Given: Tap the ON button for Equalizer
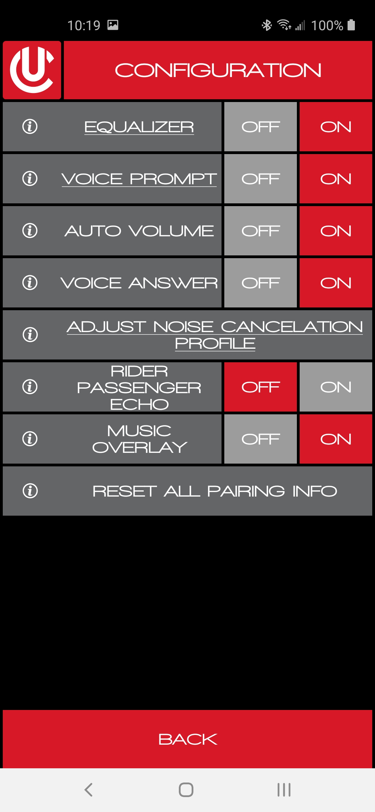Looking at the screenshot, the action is pos(336,127).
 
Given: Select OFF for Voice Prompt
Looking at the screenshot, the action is pos(260,179).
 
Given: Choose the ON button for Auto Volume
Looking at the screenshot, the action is pos(336,231).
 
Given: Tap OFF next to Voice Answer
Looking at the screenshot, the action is pos(260,283).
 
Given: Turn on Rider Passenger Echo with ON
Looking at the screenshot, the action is pos(336,387).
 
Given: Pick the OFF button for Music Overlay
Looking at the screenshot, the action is pos(260,439).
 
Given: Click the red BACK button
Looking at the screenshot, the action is pos(187,739).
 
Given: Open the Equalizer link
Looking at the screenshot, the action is pos(139,127).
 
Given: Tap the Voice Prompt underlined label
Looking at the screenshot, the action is pos(139,179).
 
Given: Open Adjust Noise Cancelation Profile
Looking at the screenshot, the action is pos(215,335).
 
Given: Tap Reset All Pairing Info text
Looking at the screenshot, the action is pos(215,491).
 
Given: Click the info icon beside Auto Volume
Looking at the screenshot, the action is pos(30,230).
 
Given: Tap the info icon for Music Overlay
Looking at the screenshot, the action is pos(30,439).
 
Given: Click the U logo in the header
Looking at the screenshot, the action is pos(32,70).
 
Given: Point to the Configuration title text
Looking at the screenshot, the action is pos(218,70).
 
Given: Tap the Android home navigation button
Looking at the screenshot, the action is pos(186,790).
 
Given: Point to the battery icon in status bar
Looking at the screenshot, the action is pos(351,25).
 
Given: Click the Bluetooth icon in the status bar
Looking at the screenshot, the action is pos(267,25).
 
